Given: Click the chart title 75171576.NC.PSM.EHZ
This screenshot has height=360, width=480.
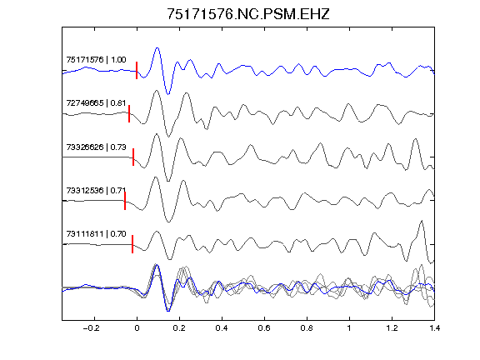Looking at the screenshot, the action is point(248,14).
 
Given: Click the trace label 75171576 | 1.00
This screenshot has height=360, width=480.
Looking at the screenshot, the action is point(96,60).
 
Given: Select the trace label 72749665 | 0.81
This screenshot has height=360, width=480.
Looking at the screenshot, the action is point(96,103).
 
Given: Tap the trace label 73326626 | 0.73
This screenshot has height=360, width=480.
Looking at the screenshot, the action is point(96,147).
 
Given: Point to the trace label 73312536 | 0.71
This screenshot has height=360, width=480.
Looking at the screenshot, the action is point(96,191).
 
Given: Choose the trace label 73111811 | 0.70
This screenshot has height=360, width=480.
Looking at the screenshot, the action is point(96,234).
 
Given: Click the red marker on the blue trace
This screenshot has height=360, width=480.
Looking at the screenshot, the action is point(137,70).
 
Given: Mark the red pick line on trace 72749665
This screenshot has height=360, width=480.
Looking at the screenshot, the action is point(129,114).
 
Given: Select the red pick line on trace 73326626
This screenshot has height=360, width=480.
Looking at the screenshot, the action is point(133,157).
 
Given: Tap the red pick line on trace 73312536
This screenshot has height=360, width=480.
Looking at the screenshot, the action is point(125,201).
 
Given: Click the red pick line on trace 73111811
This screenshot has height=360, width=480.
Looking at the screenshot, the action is point(132,244).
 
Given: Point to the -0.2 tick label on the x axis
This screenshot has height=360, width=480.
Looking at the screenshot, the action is point(91,328).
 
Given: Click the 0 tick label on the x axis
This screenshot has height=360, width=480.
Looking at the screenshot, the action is point(137,328).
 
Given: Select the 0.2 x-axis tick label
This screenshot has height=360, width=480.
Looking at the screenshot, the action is point(179,328).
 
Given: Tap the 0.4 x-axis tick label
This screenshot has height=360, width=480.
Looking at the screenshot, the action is point(222,328).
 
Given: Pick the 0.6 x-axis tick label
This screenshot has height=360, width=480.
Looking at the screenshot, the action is point(264,328).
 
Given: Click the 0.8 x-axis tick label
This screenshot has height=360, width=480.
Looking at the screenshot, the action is point(307,328).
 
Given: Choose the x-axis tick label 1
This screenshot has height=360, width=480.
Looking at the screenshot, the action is point(349,328).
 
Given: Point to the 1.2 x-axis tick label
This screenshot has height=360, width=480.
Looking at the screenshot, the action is point(392,328).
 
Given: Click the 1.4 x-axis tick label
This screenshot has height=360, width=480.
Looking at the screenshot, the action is point(434,328).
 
